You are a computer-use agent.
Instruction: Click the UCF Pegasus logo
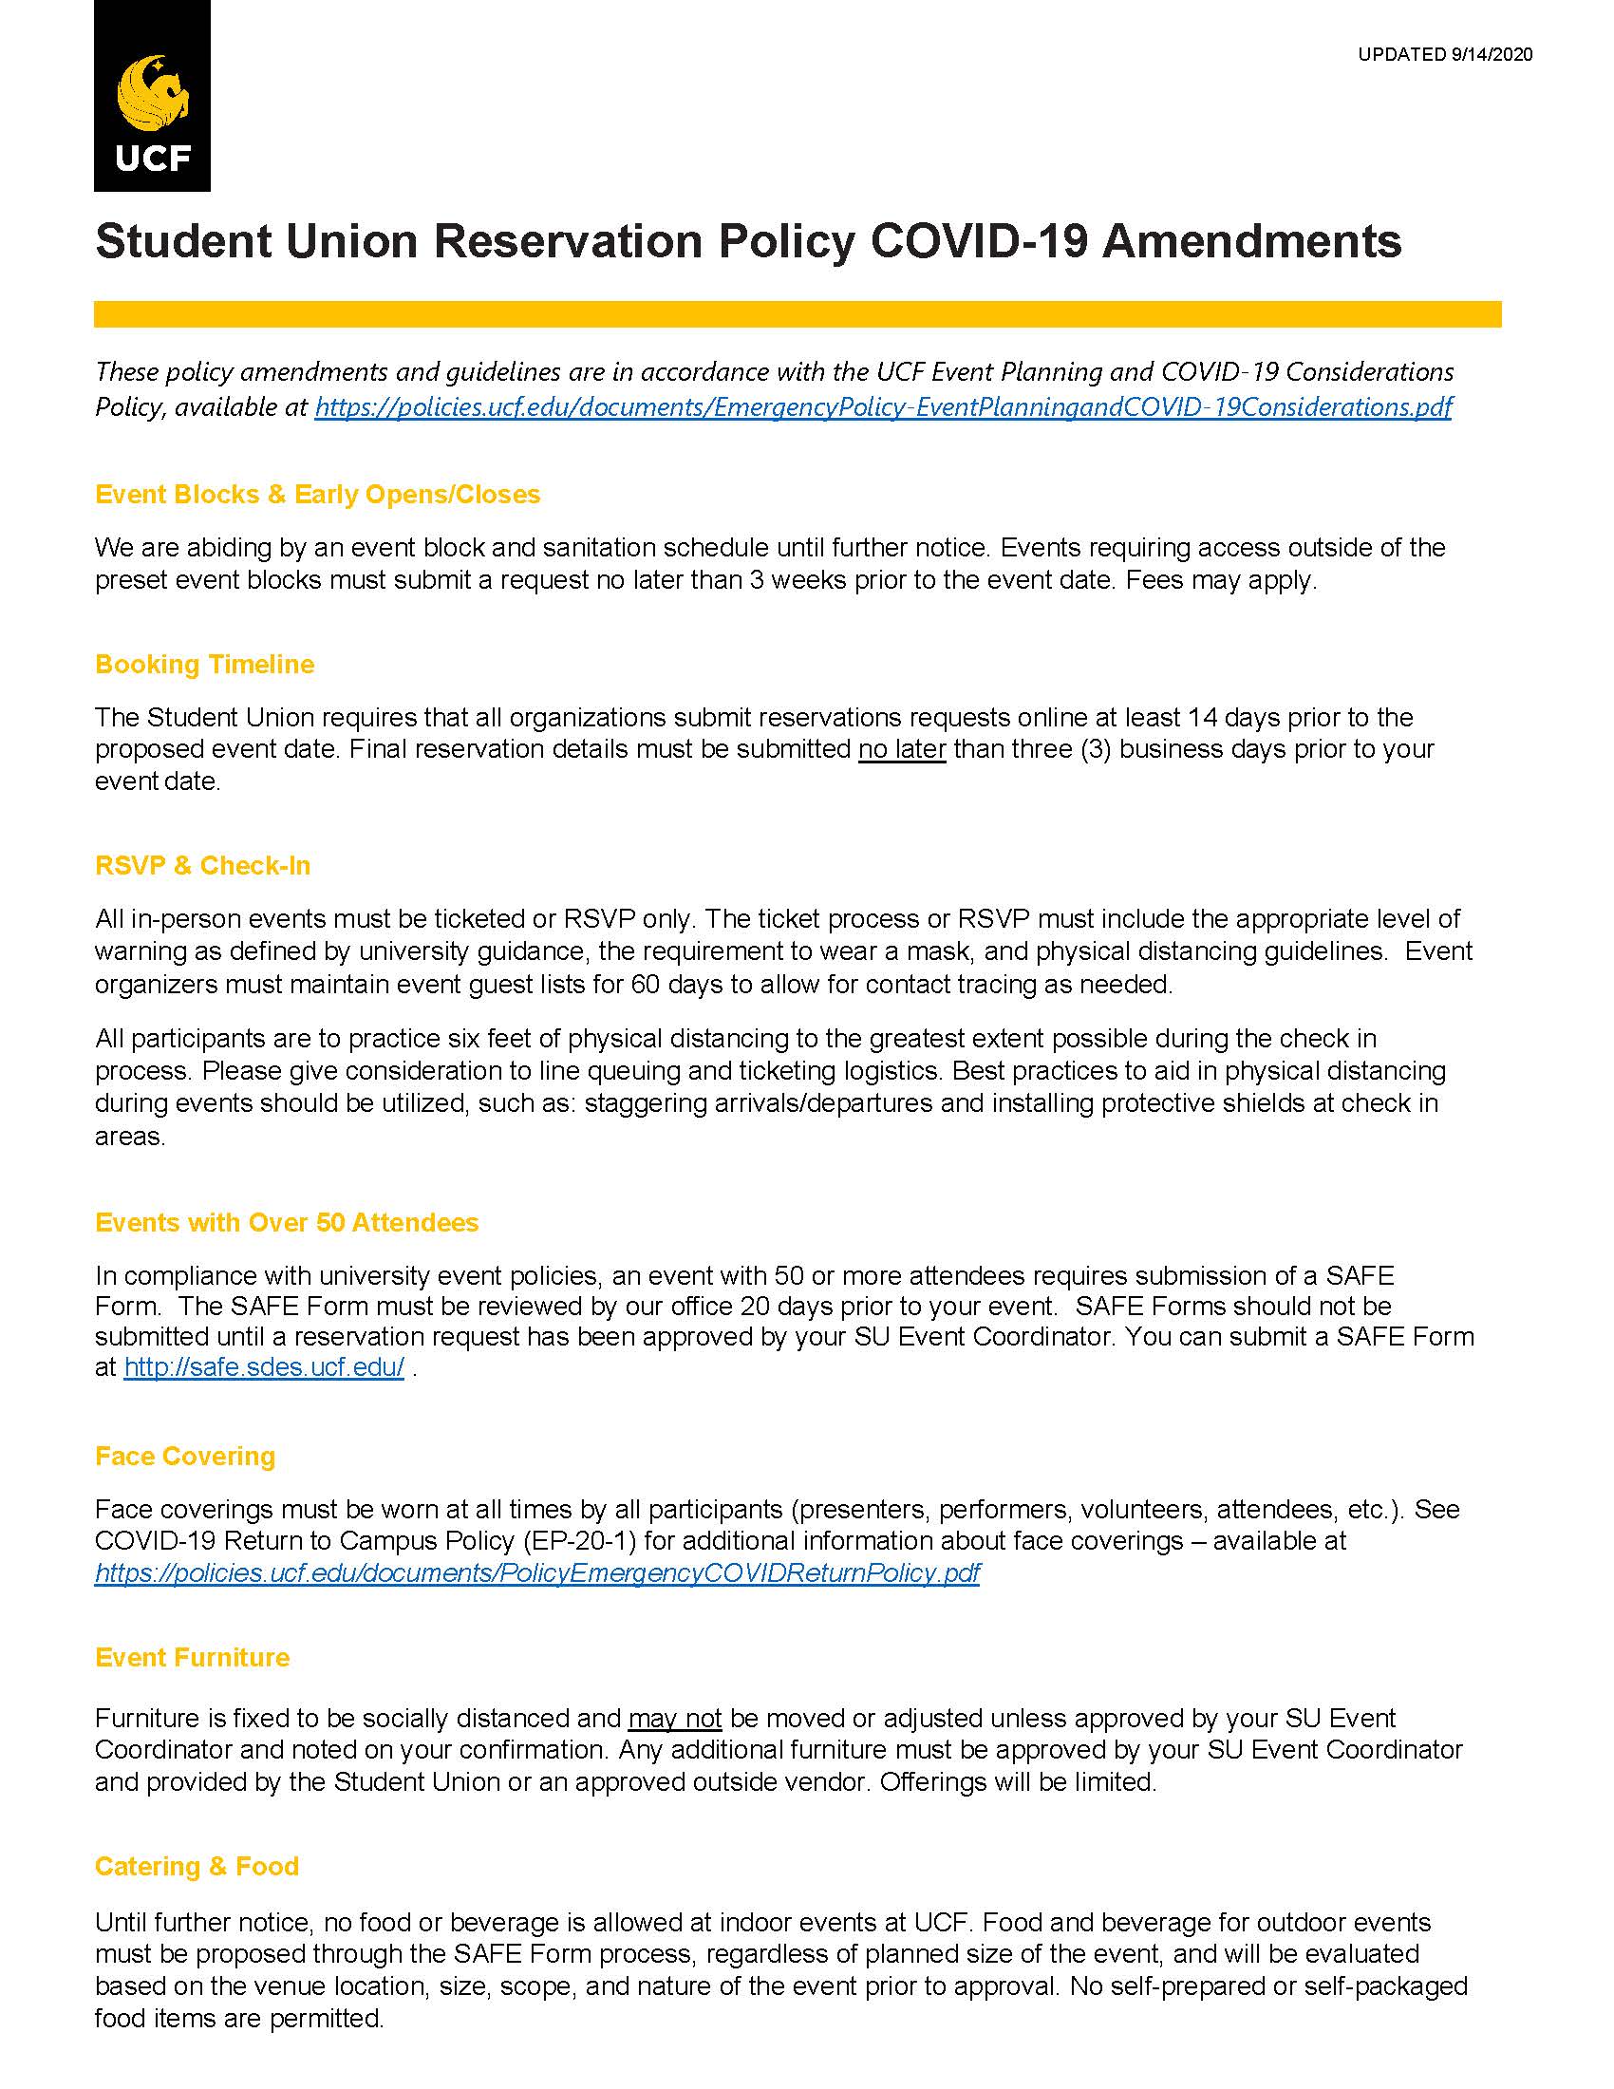tap(152, 96)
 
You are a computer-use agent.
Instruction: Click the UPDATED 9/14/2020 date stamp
tap(1445, 54)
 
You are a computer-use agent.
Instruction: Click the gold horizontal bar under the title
tap(797, 313)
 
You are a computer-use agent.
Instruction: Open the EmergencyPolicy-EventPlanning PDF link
tap(883, 406)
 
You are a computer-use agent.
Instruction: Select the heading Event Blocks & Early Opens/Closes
tap(317, 494)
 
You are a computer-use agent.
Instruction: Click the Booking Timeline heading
tap(205, 664)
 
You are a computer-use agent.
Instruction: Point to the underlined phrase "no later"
tap(902, 748)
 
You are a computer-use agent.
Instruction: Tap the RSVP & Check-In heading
tap(203, 865)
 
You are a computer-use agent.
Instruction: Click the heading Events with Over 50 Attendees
tap(287, 1221)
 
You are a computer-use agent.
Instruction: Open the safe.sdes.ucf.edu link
tap(264, 1366)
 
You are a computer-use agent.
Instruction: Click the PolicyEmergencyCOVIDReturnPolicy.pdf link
tap(537, 1572)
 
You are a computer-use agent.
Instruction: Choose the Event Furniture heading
tap(192, 1657)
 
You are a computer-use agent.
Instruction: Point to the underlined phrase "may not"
tap(674, 1718)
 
